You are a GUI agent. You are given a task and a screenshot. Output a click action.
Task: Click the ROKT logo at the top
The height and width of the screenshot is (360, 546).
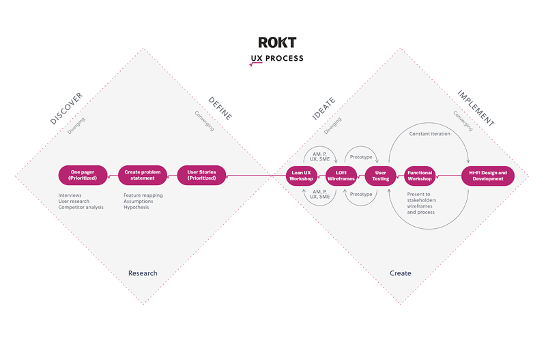(x=277, y=42)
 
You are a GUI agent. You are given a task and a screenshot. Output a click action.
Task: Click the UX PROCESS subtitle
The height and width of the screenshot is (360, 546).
(x=277, y=59)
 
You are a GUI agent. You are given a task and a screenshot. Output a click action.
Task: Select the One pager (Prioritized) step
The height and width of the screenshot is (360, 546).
(x=83, y=176)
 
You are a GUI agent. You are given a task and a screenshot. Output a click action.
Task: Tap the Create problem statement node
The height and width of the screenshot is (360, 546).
(x=143, y=176)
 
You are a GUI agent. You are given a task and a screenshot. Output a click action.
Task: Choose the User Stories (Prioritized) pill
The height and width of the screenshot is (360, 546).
(x=201, y=176)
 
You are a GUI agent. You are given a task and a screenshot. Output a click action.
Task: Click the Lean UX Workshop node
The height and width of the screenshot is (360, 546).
(x=301, y=176)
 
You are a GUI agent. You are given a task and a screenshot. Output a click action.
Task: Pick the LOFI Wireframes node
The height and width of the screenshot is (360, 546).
(x=341, y=176)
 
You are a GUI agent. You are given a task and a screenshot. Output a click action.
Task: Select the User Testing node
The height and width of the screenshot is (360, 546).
(x=380, y=176)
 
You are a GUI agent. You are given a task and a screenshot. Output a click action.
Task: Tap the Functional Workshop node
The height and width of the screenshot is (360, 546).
(x=420, y=176)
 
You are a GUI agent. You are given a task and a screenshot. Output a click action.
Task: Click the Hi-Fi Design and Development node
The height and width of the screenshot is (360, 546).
(x=487, y=176)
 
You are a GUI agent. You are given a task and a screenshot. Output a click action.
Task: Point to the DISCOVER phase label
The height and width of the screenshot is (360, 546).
(x=66, y=108)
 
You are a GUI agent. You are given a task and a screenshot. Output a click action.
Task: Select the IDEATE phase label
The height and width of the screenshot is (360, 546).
(x=324, y=108)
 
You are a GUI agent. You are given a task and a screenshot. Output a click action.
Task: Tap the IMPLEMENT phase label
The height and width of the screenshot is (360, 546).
(x=475, y=107)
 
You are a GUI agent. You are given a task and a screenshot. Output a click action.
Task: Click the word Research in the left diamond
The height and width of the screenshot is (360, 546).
(x=143, y=273)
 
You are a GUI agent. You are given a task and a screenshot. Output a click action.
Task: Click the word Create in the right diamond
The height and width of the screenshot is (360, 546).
(x=400, y=273)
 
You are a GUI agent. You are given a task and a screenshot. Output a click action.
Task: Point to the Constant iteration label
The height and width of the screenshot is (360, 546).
(x=429, y=133)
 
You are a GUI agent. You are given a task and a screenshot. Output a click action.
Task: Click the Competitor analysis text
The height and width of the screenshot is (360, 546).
(x=81, y=207)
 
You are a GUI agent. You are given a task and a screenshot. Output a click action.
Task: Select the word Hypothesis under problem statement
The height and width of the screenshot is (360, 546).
(x=136, y=207)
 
